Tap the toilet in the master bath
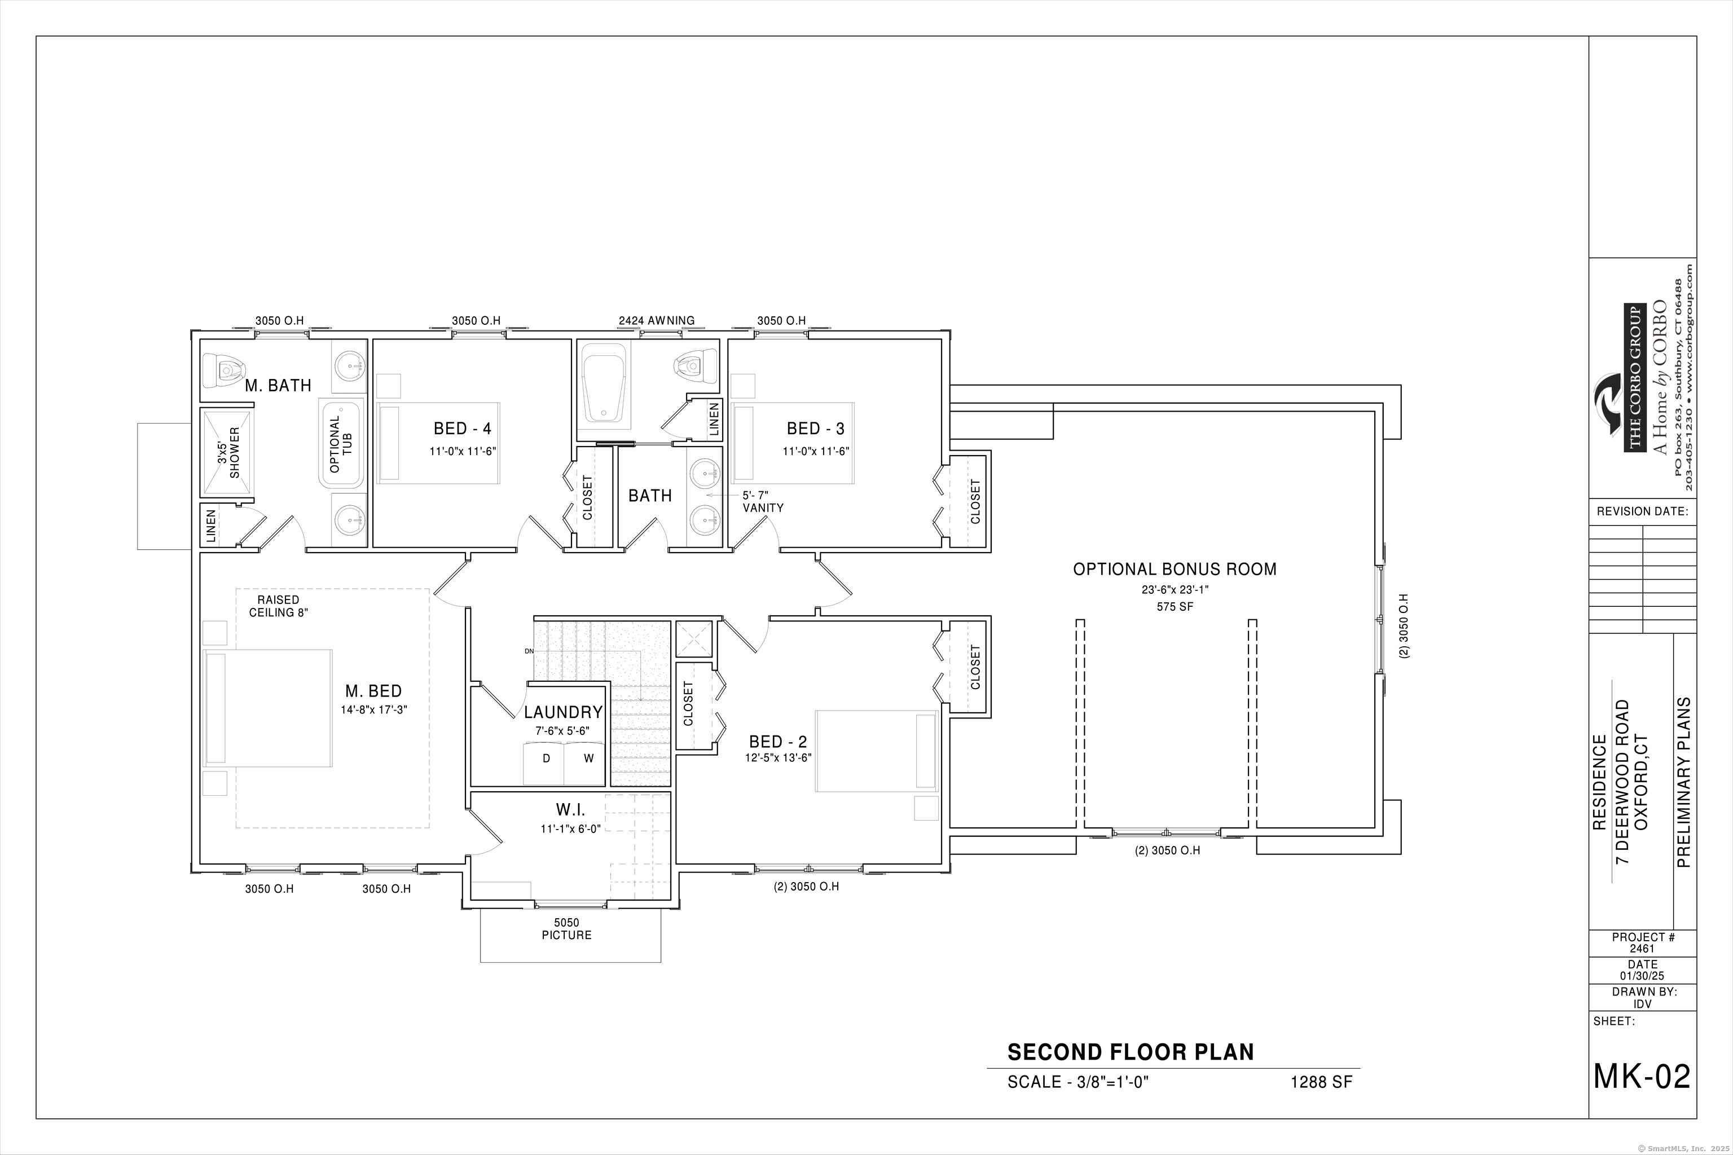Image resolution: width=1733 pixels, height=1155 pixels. (x=224, y=368)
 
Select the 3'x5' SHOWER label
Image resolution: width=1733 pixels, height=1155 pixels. (x=228, y=453)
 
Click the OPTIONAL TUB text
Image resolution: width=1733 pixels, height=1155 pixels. (x=340, y=444)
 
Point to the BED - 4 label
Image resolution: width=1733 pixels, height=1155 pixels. (x=462, y=429)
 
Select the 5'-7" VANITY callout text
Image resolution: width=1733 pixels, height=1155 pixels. (x=763, y=501)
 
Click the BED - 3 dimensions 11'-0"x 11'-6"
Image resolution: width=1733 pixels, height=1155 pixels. (x=816, y=452)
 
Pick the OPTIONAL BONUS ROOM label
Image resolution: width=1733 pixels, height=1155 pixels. (x=1175, y=570)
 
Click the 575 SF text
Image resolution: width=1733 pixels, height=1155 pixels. (x=1175, y=607)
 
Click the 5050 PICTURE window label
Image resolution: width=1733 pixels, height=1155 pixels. (x=566, y=929)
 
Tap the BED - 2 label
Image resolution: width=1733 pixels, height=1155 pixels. (x=777, y=742)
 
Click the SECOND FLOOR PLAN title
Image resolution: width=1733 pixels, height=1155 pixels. (x=1131, y=1052)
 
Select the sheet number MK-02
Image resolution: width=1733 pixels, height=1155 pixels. (x=1642, y=1076)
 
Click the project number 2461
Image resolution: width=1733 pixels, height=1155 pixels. (x=1642, y=949)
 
